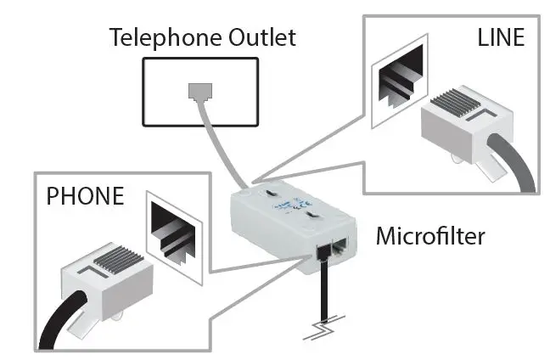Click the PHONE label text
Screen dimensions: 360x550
click(85, 196)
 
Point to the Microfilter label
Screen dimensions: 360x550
click(430, 235)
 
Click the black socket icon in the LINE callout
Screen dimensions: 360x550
click(398, 81)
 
